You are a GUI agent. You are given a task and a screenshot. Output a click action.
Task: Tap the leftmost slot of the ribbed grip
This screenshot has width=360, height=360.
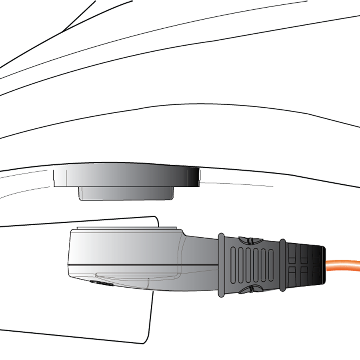(x=234, y=266)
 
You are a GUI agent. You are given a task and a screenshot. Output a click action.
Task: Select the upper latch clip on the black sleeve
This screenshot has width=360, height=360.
(x=248, y=240)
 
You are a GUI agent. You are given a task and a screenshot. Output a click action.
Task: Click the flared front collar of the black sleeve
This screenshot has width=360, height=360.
(x=221, y=266)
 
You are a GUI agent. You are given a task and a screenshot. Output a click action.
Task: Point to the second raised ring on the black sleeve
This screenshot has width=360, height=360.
(x=283, y=266)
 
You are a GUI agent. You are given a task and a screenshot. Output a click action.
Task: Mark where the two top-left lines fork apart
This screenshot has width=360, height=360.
(x=64, y=30)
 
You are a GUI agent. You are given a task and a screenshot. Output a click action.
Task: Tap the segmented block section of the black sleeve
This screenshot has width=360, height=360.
(x=304, y=266)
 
